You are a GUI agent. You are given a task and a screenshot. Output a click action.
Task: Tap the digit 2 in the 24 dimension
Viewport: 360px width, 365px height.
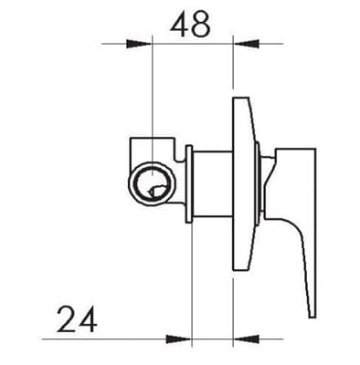pos(66,320)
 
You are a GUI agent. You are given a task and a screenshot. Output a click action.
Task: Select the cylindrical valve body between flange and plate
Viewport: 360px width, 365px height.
pos(212,182)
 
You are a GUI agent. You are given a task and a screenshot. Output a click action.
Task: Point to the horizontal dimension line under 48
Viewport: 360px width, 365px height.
pos(191,43)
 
